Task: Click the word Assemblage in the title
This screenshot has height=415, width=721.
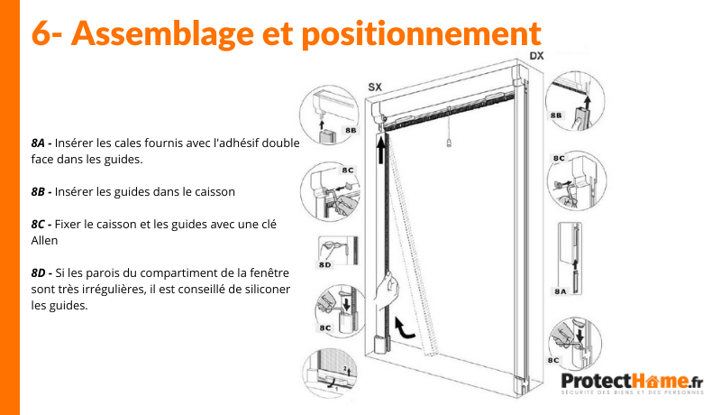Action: tap(163, 33)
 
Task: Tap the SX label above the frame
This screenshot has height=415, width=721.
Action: tap(375, 87)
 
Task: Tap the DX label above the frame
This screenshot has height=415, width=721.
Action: tap(536, 56)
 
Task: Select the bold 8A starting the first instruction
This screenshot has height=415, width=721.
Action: tap(38, 143)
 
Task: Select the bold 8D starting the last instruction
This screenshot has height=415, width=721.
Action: tap(38, 272)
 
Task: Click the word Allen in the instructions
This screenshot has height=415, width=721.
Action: tap(44, 240)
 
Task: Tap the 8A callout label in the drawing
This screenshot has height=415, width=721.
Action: tap(560, 291)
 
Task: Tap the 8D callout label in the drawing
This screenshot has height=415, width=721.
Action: tap(324, 264)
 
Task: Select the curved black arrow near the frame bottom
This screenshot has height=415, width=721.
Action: tap(404, 327)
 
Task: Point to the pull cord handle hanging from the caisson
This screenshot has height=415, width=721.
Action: tap(449, 143)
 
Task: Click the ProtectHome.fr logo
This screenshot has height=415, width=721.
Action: tap(633, 383)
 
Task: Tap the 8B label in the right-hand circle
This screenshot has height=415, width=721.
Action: tap(556, 115)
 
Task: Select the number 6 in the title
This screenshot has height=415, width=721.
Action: tap(41, 33)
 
